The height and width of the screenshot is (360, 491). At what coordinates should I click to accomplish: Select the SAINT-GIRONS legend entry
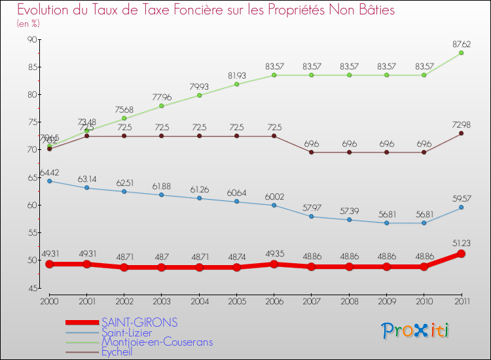coord(139,323)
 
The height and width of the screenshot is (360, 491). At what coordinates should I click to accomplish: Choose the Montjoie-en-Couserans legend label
coord(157,342)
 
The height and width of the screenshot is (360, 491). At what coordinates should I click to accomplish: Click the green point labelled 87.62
coord(462,53)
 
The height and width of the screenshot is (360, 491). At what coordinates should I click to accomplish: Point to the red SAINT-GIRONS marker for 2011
coord(462,253)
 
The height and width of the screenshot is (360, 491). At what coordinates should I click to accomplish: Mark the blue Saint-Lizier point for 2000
coord(49,181)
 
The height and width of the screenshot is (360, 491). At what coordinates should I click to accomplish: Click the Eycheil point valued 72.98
coord(462,134)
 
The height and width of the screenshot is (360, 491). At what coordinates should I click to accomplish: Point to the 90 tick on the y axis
coord(31,39)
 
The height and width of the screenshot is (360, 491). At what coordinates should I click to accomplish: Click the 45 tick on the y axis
coord(31,288)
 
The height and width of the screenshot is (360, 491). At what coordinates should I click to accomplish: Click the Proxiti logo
coord(416,331)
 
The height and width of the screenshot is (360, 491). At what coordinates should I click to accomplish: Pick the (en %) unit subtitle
coord(28,24)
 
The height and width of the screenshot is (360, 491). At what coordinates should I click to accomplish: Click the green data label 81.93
coord(236,75)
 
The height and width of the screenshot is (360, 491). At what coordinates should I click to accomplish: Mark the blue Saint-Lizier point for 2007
coord(312,217)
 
